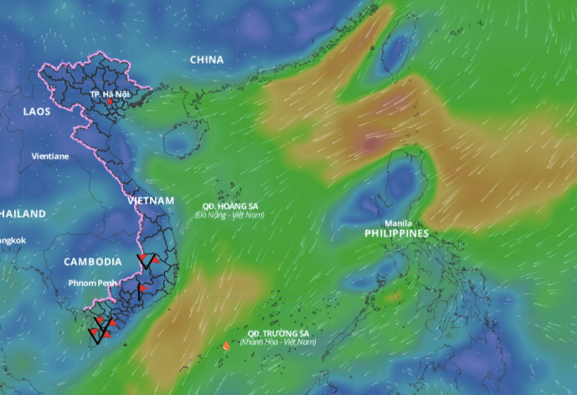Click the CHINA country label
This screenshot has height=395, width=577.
[207, 59]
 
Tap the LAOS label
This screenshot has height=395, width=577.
[37, 111]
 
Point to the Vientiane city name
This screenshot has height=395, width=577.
[50, 156]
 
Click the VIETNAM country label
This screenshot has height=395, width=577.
[151, 201]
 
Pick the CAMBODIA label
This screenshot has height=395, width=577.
[93, 262]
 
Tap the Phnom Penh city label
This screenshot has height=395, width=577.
[94, 283]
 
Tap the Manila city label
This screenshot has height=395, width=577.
[398, 223]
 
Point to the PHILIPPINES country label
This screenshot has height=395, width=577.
[397, 233]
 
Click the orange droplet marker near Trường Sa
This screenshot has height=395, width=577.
[226, 345]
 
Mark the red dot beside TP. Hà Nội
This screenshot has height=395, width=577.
[109, 101]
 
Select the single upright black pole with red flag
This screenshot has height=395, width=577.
[140, 290]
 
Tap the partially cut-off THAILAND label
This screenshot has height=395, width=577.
[23, 214]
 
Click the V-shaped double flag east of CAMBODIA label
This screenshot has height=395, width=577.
[147, 263]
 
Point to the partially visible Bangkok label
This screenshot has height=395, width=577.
[13, 241]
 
